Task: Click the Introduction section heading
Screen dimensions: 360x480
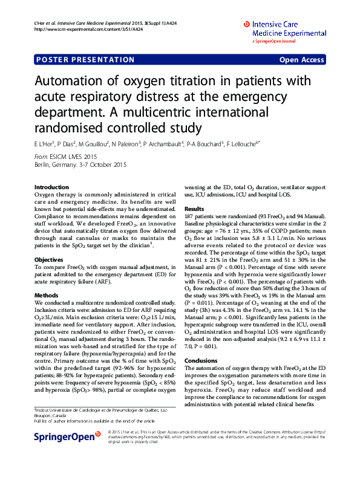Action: tap(52, 187)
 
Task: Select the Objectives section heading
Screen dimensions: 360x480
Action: tap(50, 259)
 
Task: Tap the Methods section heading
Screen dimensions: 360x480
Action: tap(47, 295)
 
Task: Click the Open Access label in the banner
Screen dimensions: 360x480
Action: tap(301, 60)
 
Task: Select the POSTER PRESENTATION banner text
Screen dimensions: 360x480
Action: tap(85, 60)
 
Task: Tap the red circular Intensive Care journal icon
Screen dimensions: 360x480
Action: tap(246, 24)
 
